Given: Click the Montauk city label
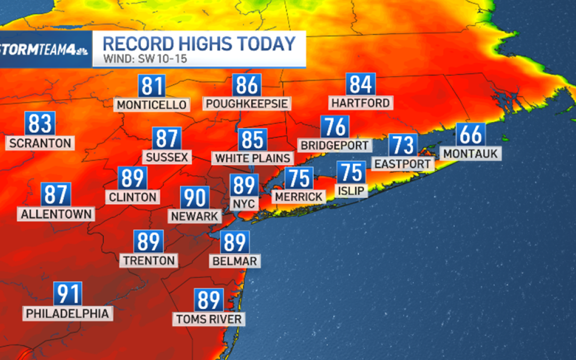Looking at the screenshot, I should (470, 154).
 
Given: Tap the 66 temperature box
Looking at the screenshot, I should (470, 134).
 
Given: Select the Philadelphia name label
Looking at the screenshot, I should (68, 313).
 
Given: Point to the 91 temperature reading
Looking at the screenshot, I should (68, 294).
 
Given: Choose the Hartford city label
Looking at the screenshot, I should (361, 102).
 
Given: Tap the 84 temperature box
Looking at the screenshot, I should (361, 84).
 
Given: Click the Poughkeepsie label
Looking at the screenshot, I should (247, 103).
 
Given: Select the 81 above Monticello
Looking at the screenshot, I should (152, 86).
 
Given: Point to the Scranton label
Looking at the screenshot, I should (40, 143).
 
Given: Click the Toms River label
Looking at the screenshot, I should (209, 319).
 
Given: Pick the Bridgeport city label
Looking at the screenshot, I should (334, 145).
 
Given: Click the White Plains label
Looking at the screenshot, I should (253, 158).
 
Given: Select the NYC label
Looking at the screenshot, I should (244, 203).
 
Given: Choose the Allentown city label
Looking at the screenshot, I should (56, 214).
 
